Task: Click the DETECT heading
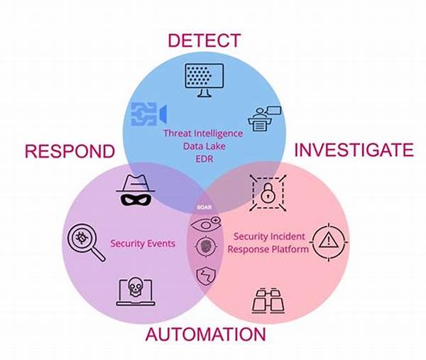204,40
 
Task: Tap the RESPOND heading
70,151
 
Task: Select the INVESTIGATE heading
353,150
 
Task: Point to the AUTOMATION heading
206,334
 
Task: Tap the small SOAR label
204,208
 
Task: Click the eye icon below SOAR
204,225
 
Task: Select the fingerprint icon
204,248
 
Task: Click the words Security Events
143,244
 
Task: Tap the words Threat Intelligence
203,133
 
